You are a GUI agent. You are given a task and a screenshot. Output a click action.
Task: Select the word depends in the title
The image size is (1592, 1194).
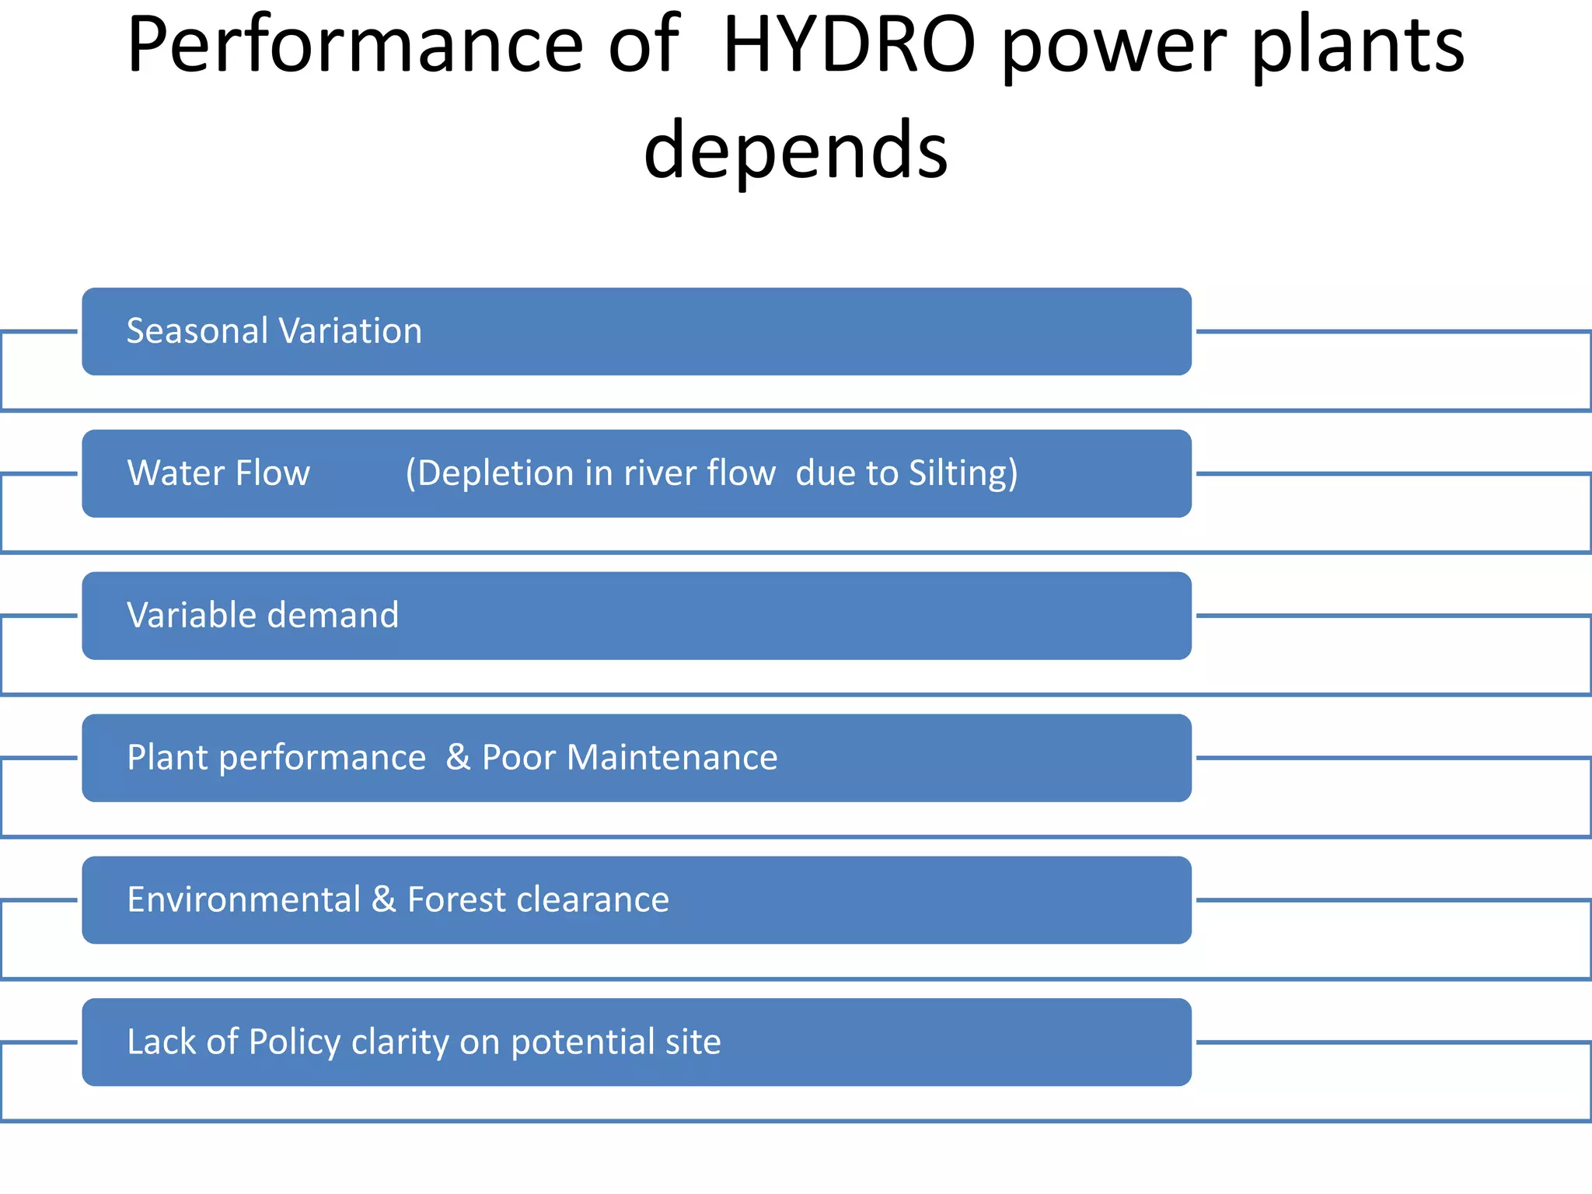click(795, 149)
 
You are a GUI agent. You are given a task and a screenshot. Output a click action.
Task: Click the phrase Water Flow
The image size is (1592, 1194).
click(218, 473)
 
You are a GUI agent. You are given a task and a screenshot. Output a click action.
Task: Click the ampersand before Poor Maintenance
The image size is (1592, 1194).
click(459, 758)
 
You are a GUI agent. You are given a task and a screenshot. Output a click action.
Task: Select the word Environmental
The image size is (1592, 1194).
click(244, 900)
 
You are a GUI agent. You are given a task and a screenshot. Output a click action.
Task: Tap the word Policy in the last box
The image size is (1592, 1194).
click(295, 1042)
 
